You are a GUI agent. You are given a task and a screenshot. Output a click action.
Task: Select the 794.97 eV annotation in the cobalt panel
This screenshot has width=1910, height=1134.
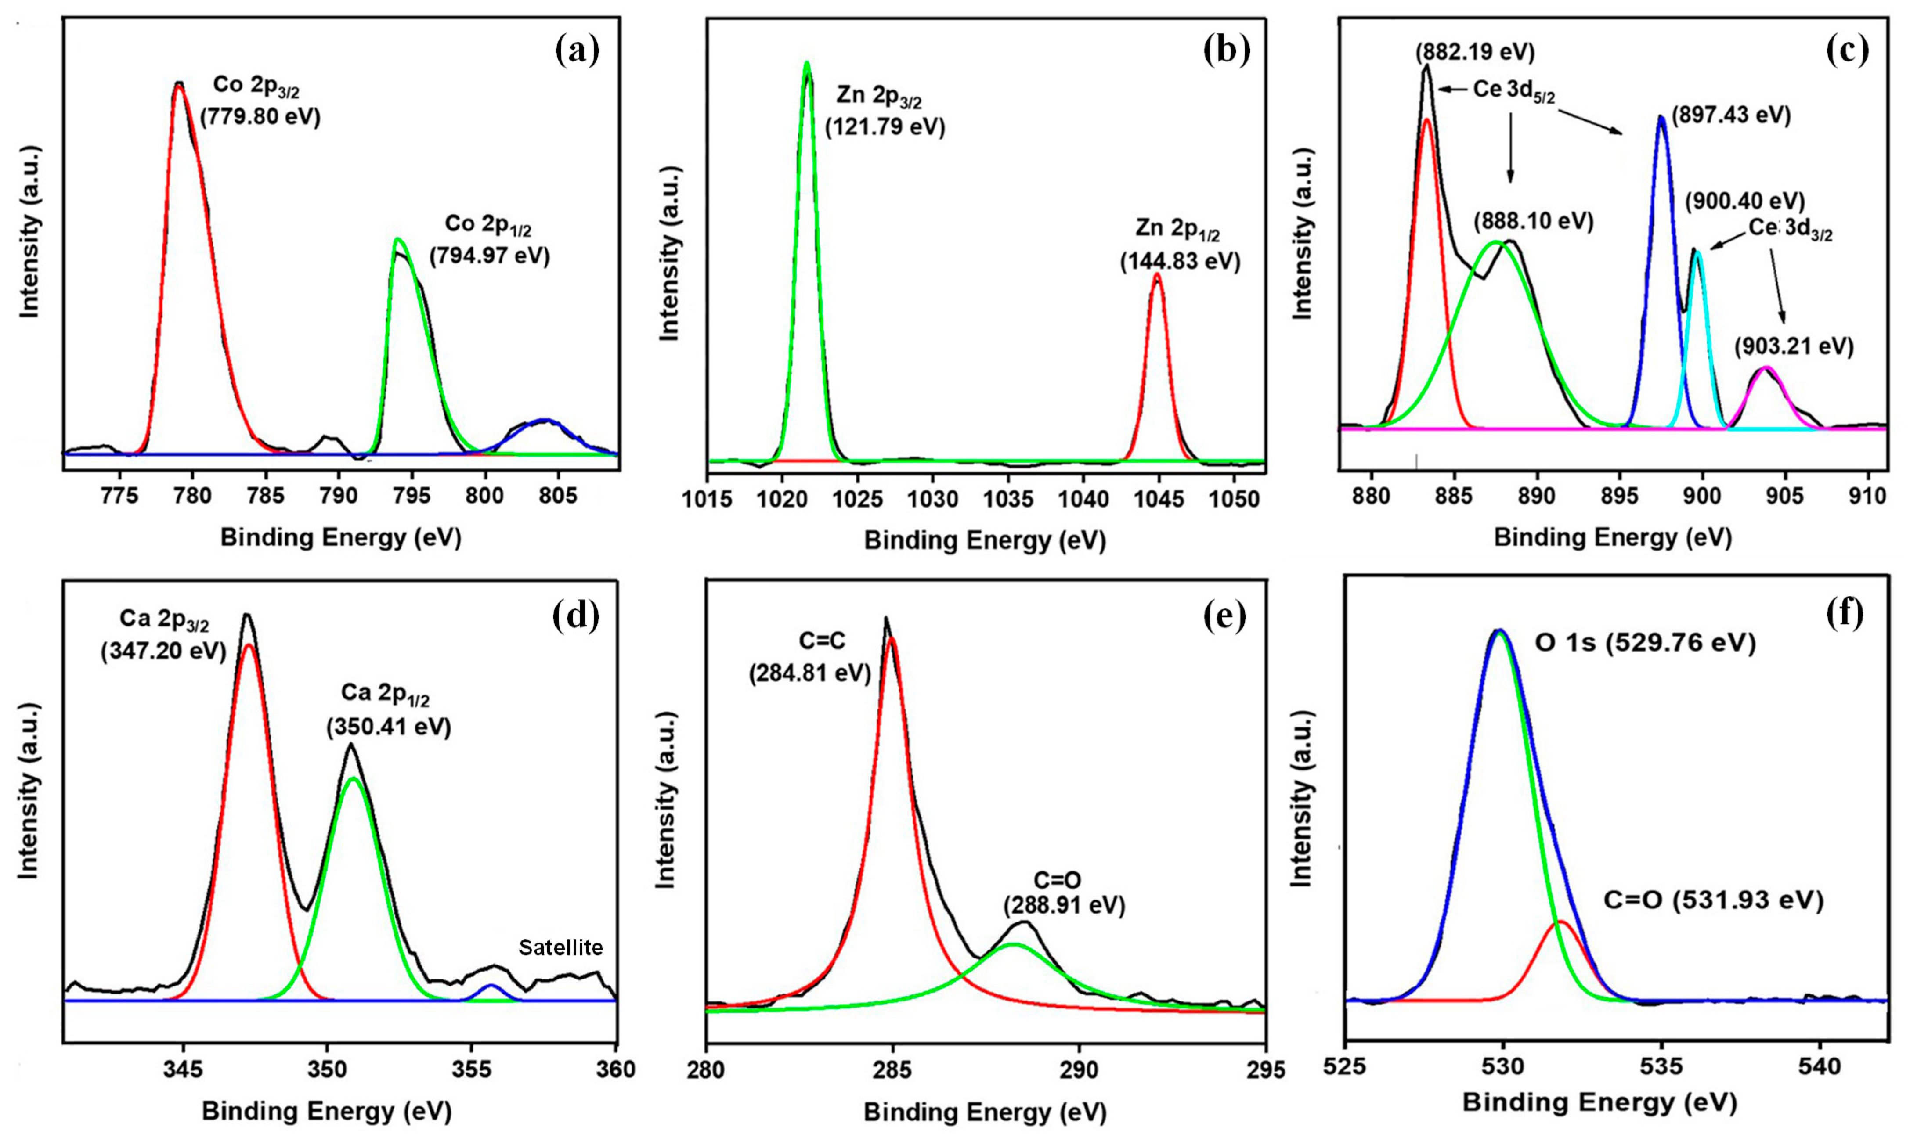point(490,255)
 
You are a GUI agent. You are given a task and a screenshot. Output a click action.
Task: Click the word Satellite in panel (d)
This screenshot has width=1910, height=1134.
point(560,947)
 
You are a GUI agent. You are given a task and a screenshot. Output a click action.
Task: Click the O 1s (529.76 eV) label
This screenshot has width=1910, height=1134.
point(1645,644)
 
